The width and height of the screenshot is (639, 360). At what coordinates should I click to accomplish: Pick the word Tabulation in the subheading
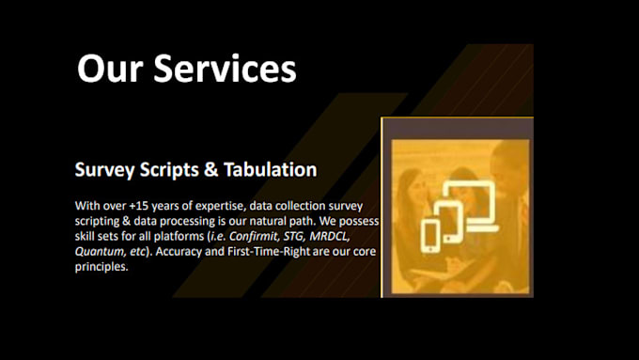[x=273, y=170]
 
